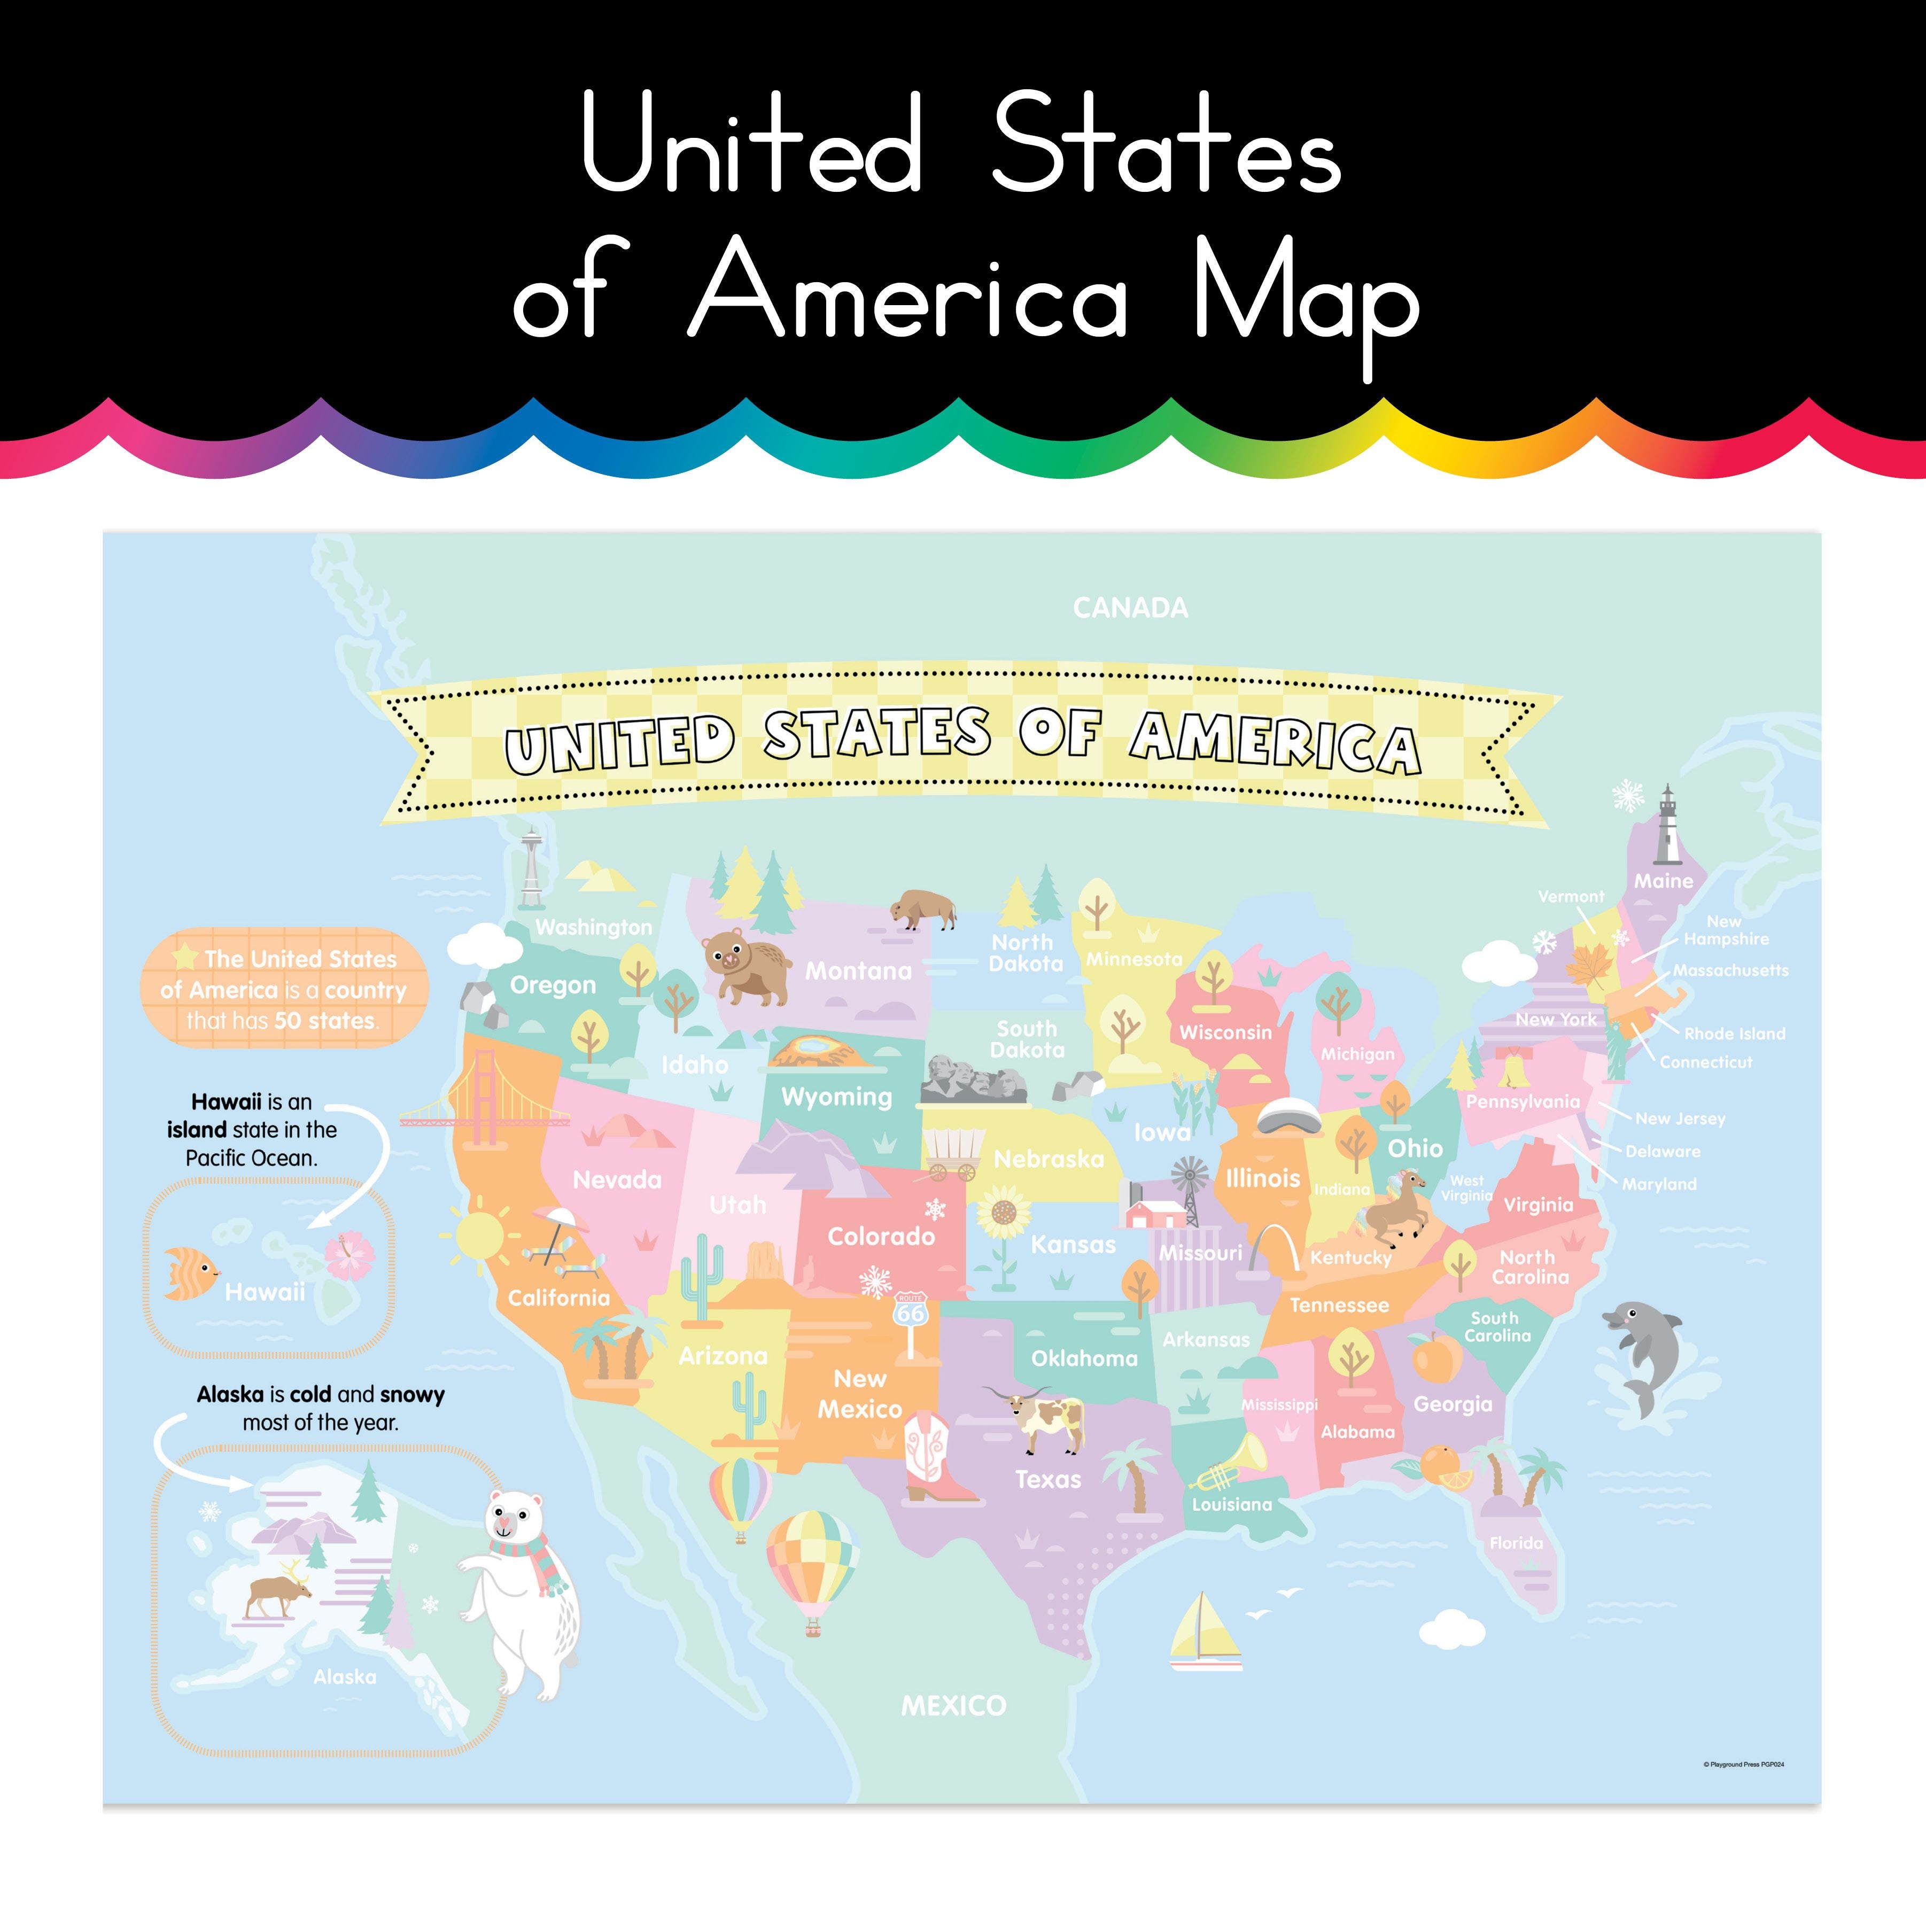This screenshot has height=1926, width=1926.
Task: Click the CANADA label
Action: click(x=1130, y=608)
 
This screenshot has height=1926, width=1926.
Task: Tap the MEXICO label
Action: click(x=953, y=1706)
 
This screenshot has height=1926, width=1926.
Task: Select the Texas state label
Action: click(x=1048, y=1479)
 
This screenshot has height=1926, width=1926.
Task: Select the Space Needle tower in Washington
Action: click(x=531, y=867)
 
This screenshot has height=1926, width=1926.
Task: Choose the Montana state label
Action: click(x=858, y=971)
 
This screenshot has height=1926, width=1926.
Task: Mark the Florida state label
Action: click(x=1515, y=1543)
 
